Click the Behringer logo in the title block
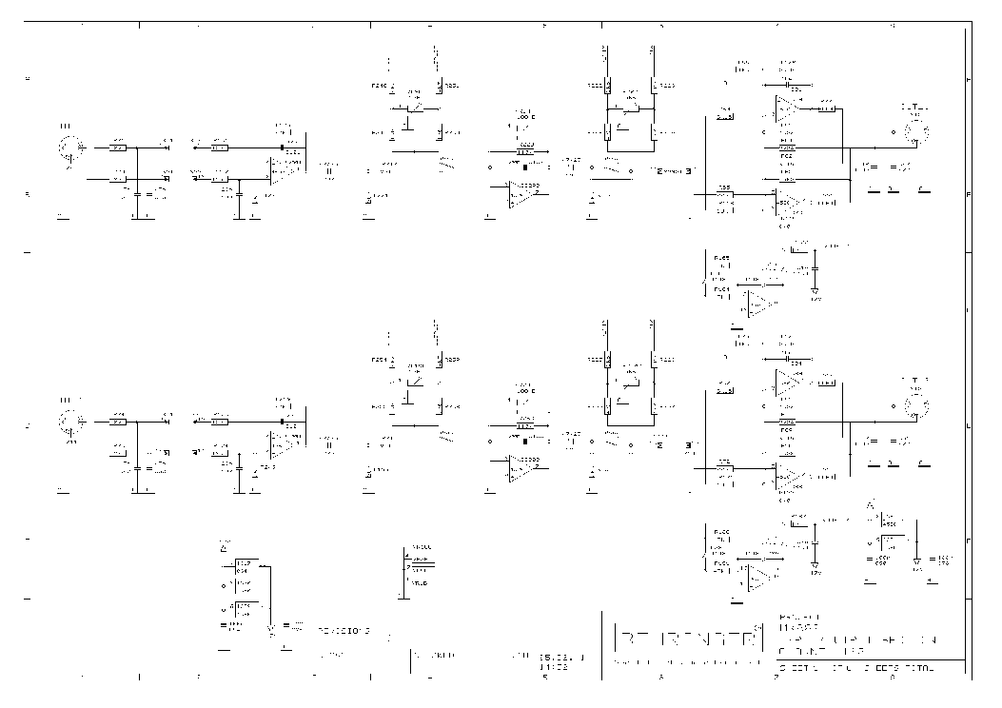(686, 638)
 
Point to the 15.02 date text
(558, 656)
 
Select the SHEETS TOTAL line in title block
(856, 668)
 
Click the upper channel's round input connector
(69, 148)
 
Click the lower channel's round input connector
(69, 420)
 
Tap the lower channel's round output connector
(916, 403)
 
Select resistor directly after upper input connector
(118, 147)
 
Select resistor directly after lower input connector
(118, 419)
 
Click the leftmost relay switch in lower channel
(415, 382)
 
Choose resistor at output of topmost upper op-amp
(827, 108)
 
